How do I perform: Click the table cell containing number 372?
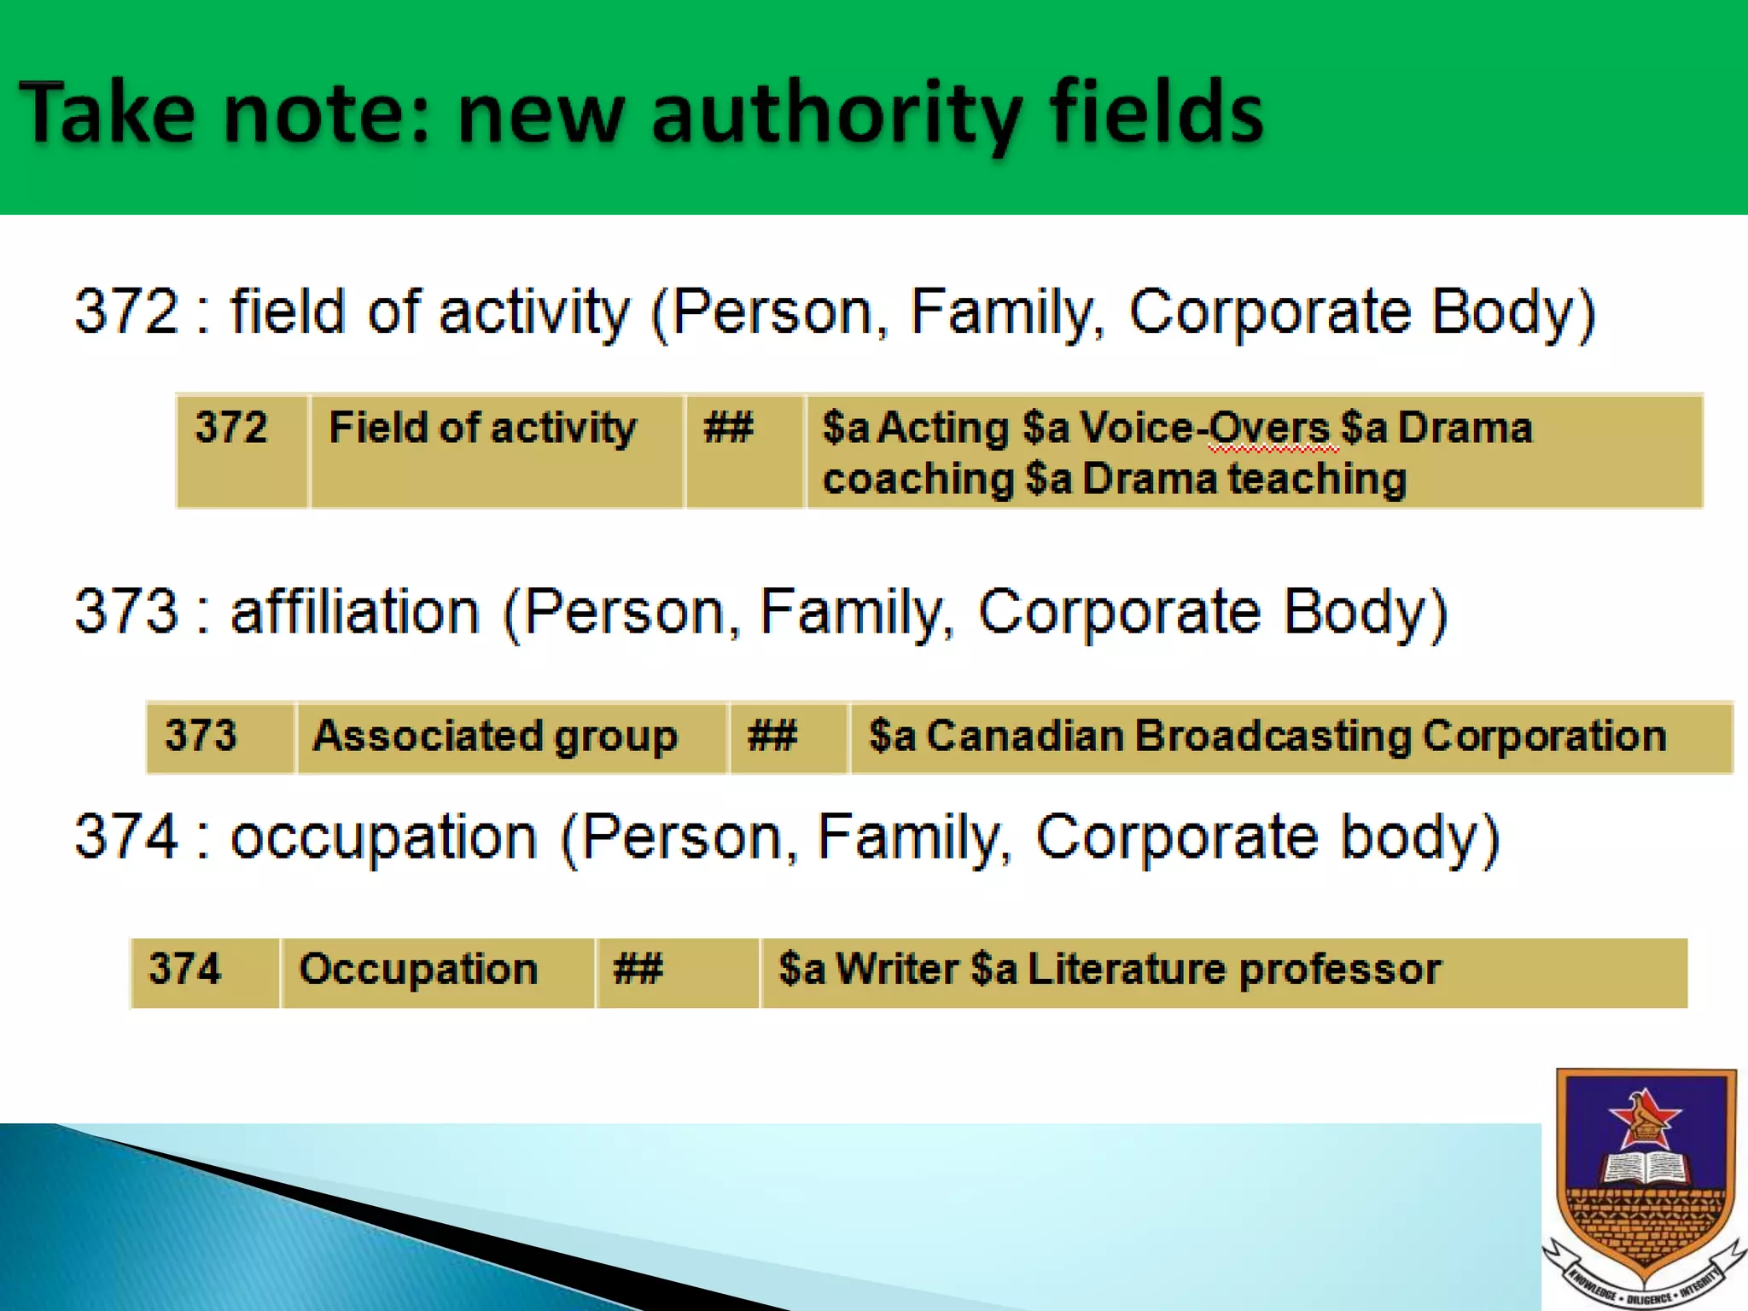[242, 451]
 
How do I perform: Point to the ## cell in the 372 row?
[744, 451]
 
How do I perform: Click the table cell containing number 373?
[220, 737]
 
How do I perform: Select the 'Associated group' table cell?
[510, 737]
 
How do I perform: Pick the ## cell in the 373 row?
[788, 737]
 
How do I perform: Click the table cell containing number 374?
[205, 972]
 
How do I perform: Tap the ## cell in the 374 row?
[677, 972]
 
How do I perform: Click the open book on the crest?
[1644, 1168]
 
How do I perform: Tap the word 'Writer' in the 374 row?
[896, 970]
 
